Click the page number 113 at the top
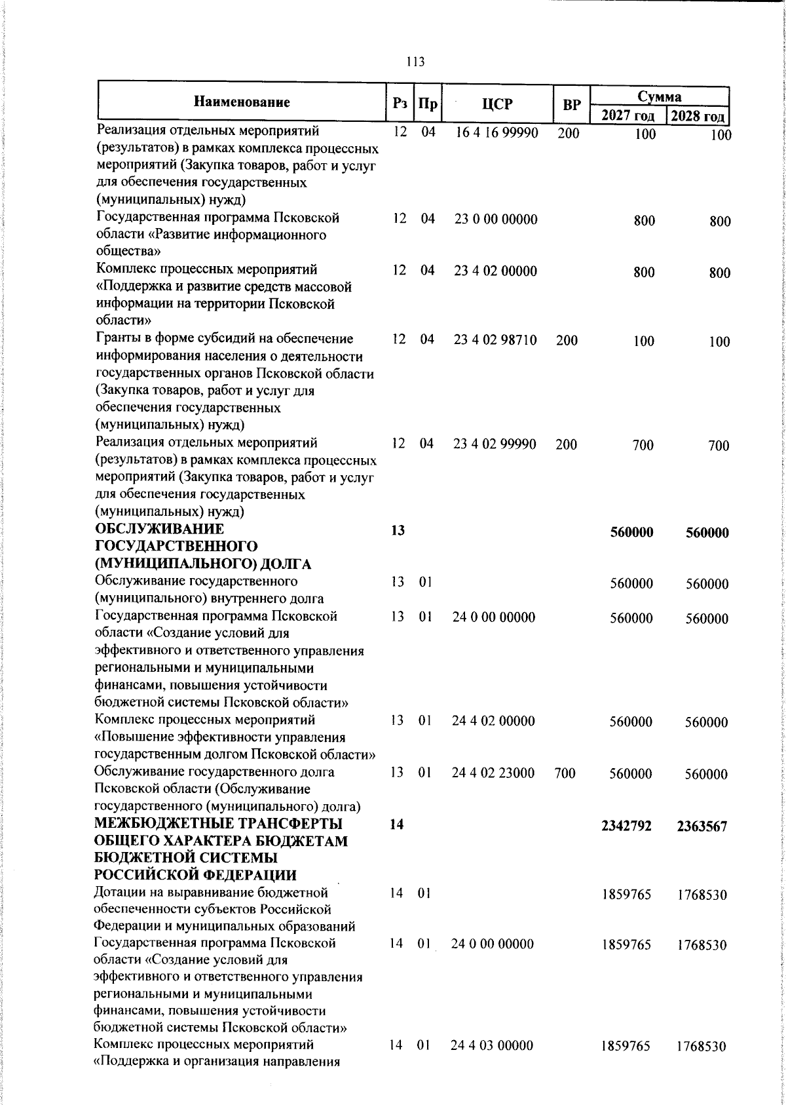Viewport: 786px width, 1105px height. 415,62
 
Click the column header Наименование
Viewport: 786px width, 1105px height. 242,102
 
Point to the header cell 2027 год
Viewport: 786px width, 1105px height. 627,116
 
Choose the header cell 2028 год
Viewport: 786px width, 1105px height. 698,117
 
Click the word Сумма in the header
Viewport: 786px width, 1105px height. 660,96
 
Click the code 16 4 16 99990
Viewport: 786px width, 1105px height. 497,133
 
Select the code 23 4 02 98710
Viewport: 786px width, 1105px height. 495,340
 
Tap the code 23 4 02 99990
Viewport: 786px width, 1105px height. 495,444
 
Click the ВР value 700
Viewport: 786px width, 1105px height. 565,773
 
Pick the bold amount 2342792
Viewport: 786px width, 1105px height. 626,826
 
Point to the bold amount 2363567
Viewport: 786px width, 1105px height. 702,827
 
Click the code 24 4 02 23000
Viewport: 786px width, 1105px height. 493,773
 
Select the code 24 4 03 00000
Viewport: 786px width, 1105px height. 492,1045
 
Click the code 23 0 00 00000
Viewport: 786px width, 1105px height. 496,220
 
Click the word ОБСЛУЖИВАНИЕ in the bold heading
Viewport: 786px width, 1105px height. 159,529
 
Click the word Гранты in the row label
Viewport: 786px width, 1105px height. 118,339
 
